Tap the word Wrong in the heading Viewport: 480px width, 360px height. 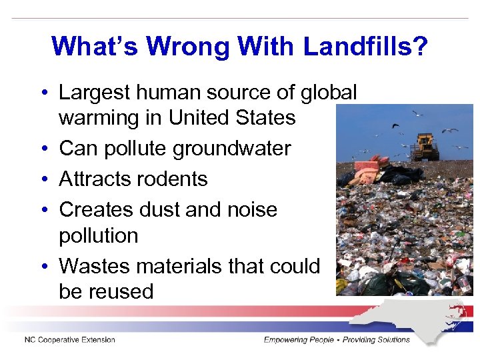188,46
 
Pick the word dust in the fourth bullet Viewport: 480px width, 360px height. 183,209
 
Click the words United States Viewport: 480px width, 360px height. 232,118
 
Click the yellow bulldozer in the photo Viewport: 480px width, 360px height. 425,147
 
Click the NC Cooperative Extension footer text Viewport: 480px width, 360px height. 70,340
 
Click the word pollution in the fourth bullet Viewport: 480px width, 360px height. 99,235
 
